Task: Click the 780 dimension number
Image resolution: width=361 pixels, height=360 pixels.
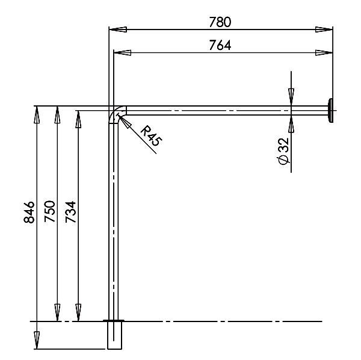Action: pos(220,22)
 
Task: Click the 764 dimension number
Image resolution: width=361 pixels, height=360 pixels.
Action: pos(220,45)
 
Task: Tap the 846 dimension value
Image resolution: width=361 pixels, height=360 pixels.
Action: pos(29,212)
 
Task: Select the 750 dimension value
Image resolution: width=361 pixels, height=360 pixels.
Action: pos(50,211)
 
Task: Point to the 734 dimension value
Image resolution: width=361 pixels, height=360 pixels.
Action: pos(70,212)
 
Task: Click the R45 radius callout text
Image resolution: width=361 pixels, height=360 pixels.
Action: pos(151,136)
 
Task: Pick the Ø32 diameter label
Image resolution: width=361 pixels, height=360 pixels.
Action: pos(283,151)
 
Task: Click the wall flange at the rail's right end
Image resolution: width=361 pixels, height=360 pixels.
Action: pos(330,111)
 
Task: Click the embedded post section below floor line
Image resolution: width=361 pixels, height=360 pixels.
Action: pos(115,335)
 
